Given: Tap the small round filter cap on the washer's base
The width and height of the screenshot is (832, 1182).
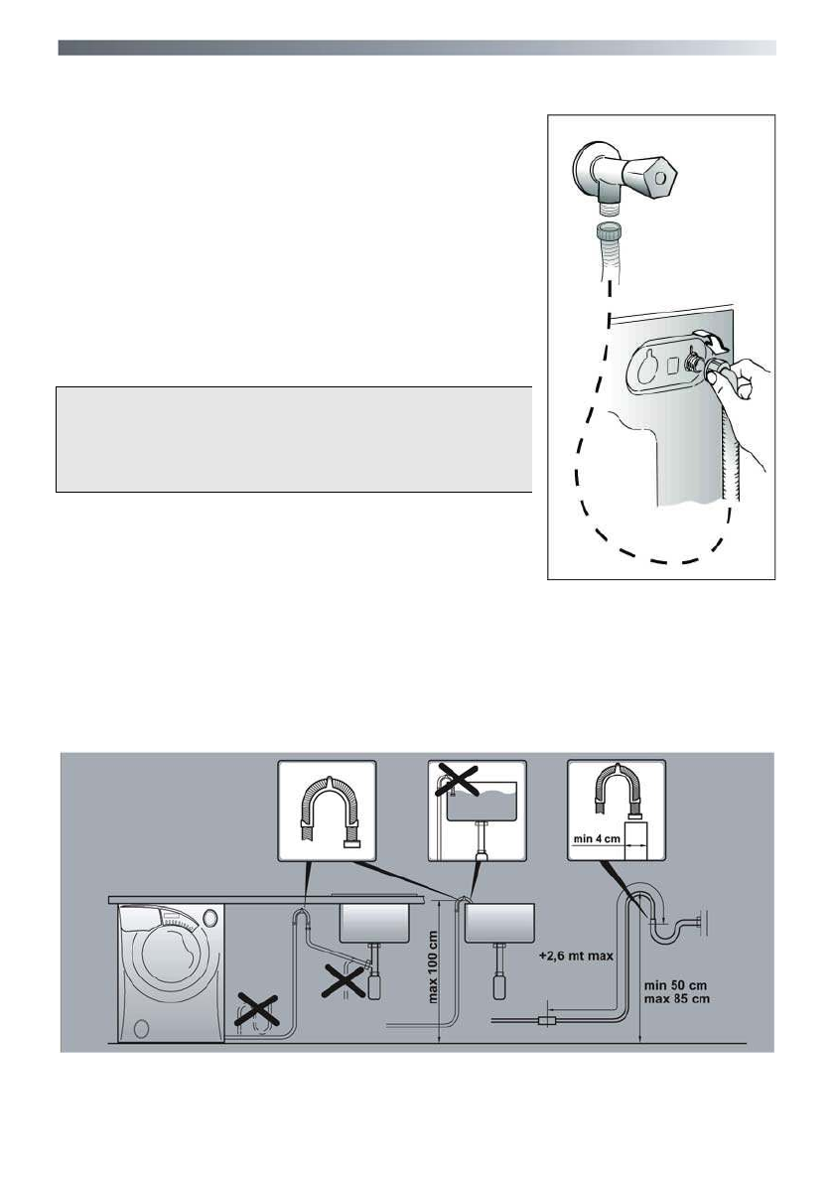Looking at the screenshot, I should coord(140,1026).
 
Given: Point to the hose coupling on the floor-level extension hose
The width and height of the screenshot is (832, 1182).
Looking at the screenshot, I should coord(546,1019).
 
